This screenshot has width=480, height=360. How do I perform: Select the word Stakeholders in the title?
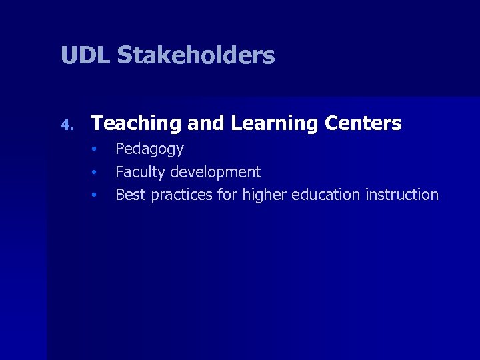point(196,55)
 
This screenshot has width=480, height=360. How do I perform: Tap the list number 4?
point(65,125)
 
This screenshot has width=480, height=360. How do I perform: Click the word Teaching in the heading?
point(136,123)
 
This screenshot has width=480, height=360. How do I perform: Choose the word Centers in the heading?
point(363,123)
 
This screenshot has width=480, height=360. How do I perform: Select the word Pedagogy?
point(149,149)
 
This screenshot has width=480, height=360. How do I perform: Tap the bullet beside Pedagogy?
point(95,148)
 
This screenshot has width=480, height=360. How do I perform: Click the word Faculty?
point(140,172)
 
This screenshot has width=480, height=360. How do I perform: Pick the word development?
point(215,172)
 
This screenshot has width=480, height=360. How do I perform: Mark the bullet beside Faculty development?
point(95,171)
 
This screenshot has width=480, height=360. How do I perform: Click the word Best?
point(131,195)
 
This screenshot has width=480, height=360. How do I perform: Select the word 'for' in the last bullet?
point(227,195)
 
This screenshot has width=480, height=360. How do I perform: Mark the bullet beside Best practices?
point(95,195)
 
